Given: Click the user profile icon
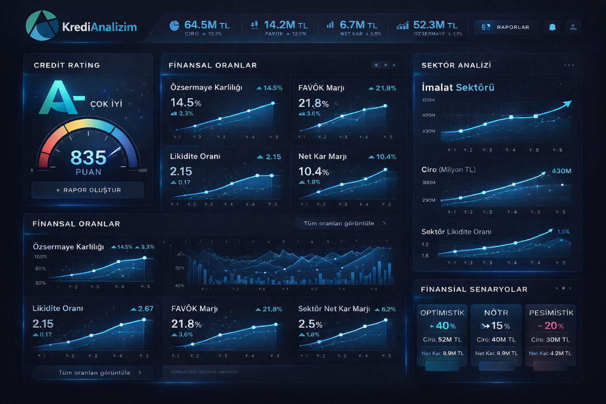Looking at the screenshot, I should tap(573, 27).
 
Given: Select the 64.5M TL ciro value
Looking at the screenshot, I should tap(206, 25).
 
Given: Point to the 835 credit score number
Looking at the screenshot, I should tap(88, 158).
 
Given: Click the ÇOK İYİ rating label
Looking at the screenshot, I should tap(106, 105).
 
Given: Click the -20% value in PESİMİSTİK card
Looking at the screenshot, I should tap(550, 326).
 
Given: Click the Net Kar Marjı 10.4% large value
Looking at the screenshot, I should tap(313, 171).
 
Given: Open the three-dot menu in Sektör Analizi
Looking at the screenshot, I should tap(569, 65).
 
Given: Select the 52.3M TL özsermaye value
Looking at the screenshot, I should tap(435, 25).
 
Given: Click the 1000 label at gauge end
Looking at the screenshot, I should tap(142, 170).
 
